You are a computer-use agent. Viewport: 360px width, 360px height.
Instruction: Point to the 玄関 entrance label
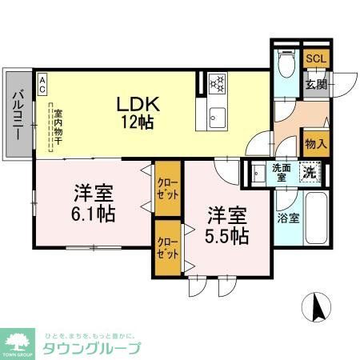click(314, 86)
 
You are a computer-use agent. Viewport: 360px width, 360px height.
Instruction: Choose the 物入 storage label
click(315, 144)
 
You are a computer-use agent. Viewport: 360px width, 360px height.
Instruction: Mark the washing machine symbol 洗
click(309, 170)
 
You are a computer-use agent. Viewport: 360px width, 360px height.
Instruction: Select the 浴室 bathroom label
click(288, 217)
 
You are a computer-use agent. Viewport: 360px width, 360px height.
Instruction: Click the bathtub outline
click(316, 220)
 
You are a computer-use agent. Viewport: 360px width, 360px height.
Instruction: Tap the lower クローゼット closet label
click(167, 246)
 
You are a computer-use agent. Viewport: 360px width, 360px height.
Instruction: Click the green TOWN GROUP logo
click(17, 341)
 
